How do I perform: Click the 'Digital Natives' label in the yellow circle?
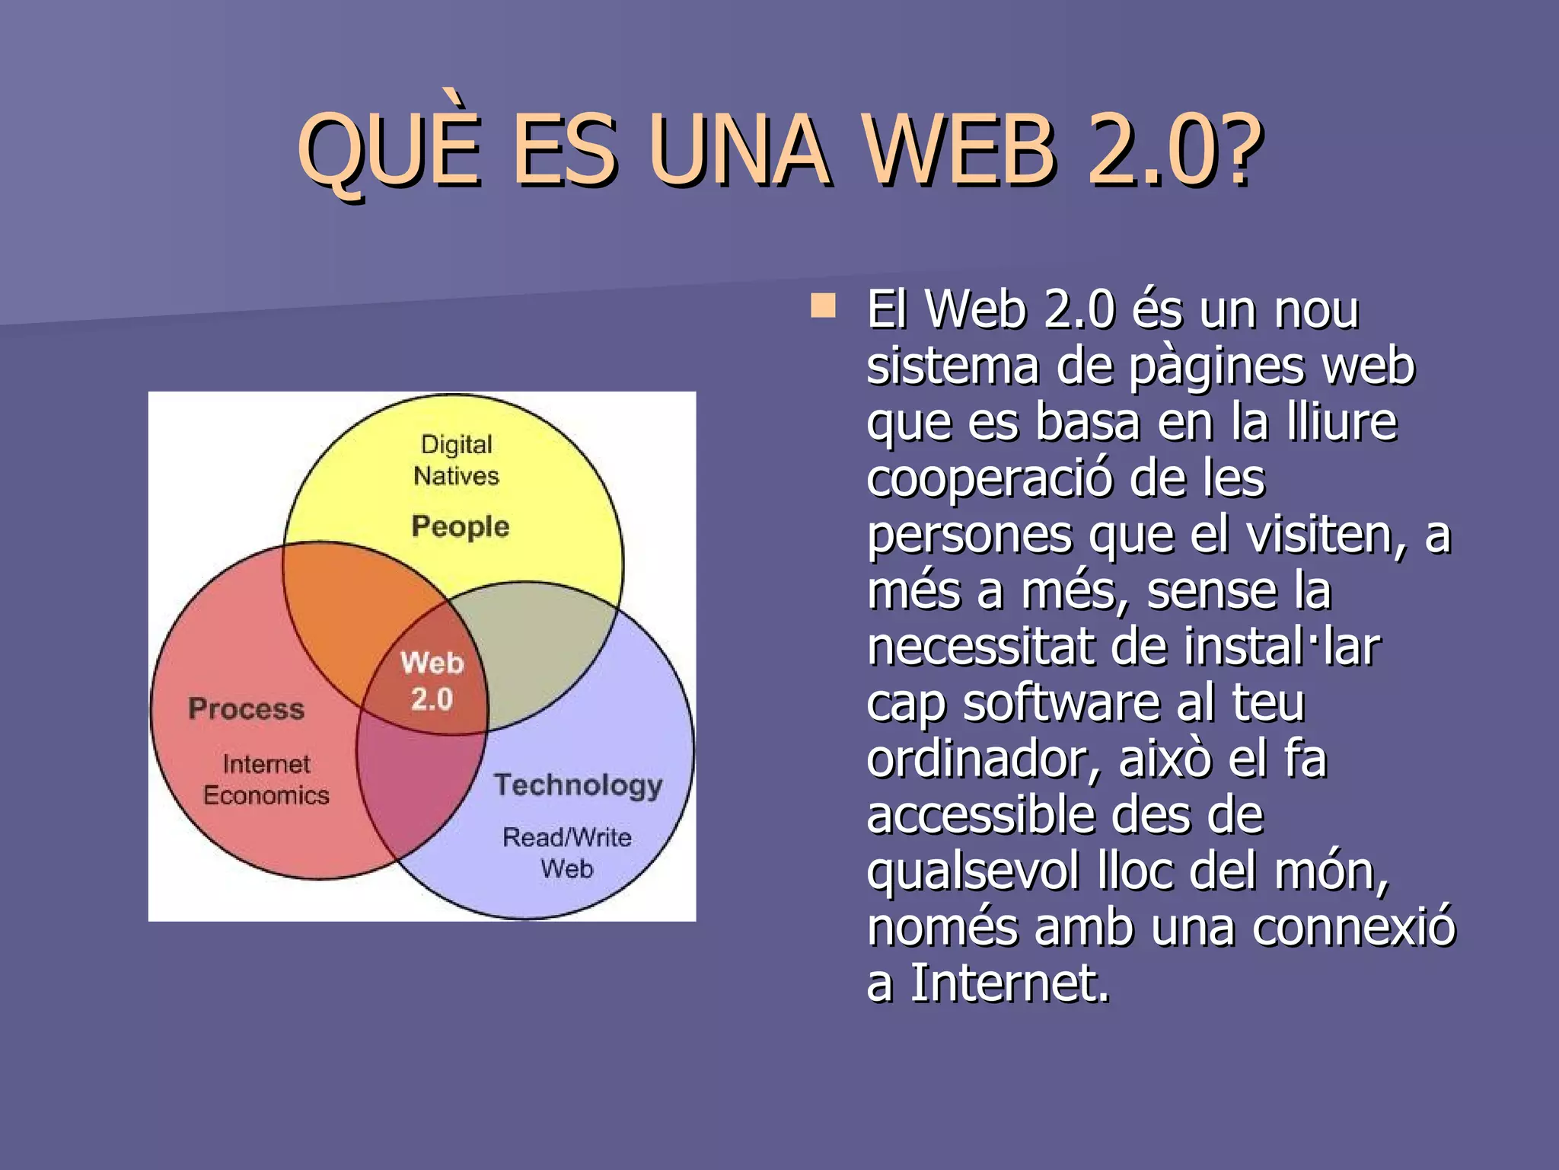click(x=456, y=460)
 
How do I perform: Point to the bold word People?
click(x=460, y=527)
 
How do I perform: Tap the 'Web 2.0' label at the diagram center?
click(x=432, y=680)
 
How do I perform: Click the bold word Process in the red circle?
click(x=246, y=709)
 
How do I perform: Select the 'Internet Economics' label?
click(x=266, y=779)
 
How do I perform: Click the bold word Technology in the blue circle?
click(x=578, y=785)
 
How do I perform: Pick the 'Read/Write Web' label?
click(x=567, y=852)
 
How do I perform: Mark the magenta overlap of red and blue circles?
click(x=415, y=792)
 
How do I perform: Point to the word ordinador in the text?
click(x=982, y=759)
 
